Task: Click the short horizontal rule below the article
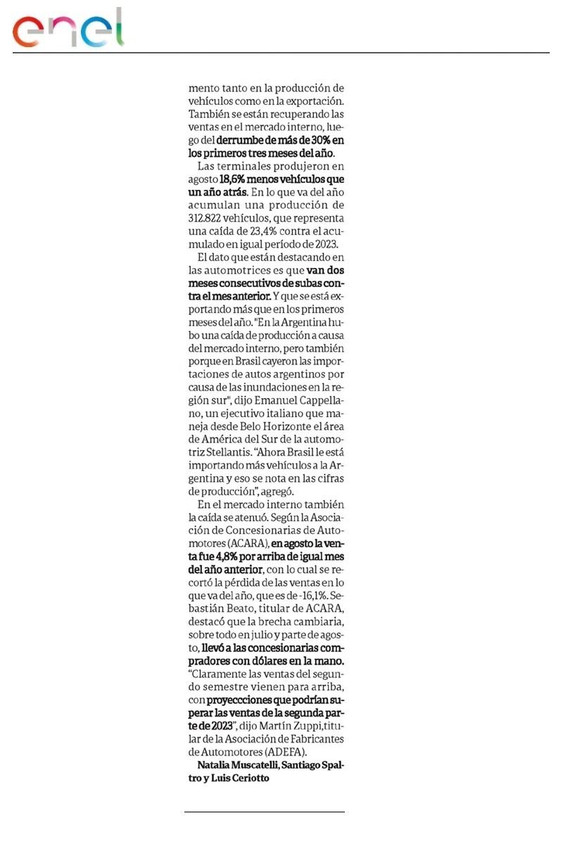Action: pyautogui.click(x=265, y=812)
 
